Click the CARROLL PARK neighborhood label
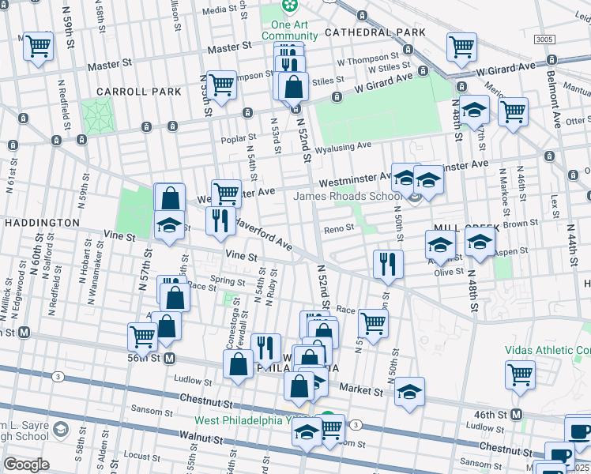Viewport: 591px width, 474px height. coord(139,92)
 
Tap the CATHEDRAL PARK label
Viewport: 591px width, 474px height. coord(375,32)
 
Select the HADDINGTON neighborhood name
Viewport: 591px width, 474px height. coord(41,224)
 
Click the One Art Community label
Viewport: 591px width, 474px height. coord(289,30)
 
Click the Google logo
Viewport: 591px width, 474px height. coord(26,465)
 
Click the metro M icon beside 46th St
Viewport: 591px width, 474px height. coord(517,415)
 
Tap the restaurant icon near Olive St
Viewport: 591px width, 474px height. coord(387,264)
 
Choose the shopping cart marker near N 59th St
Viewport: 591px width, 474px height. coord(38,46)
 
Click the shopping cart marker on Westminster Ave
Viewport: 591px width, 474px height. coord(226,192)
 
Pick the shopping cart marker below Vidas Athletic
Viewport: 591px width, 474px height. coord(520,374)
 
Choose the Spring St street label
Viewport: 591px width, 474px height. coord(228,281)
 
